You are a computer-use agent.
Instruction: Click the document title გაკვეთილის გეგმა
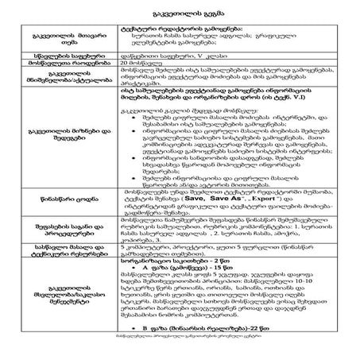179,17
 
